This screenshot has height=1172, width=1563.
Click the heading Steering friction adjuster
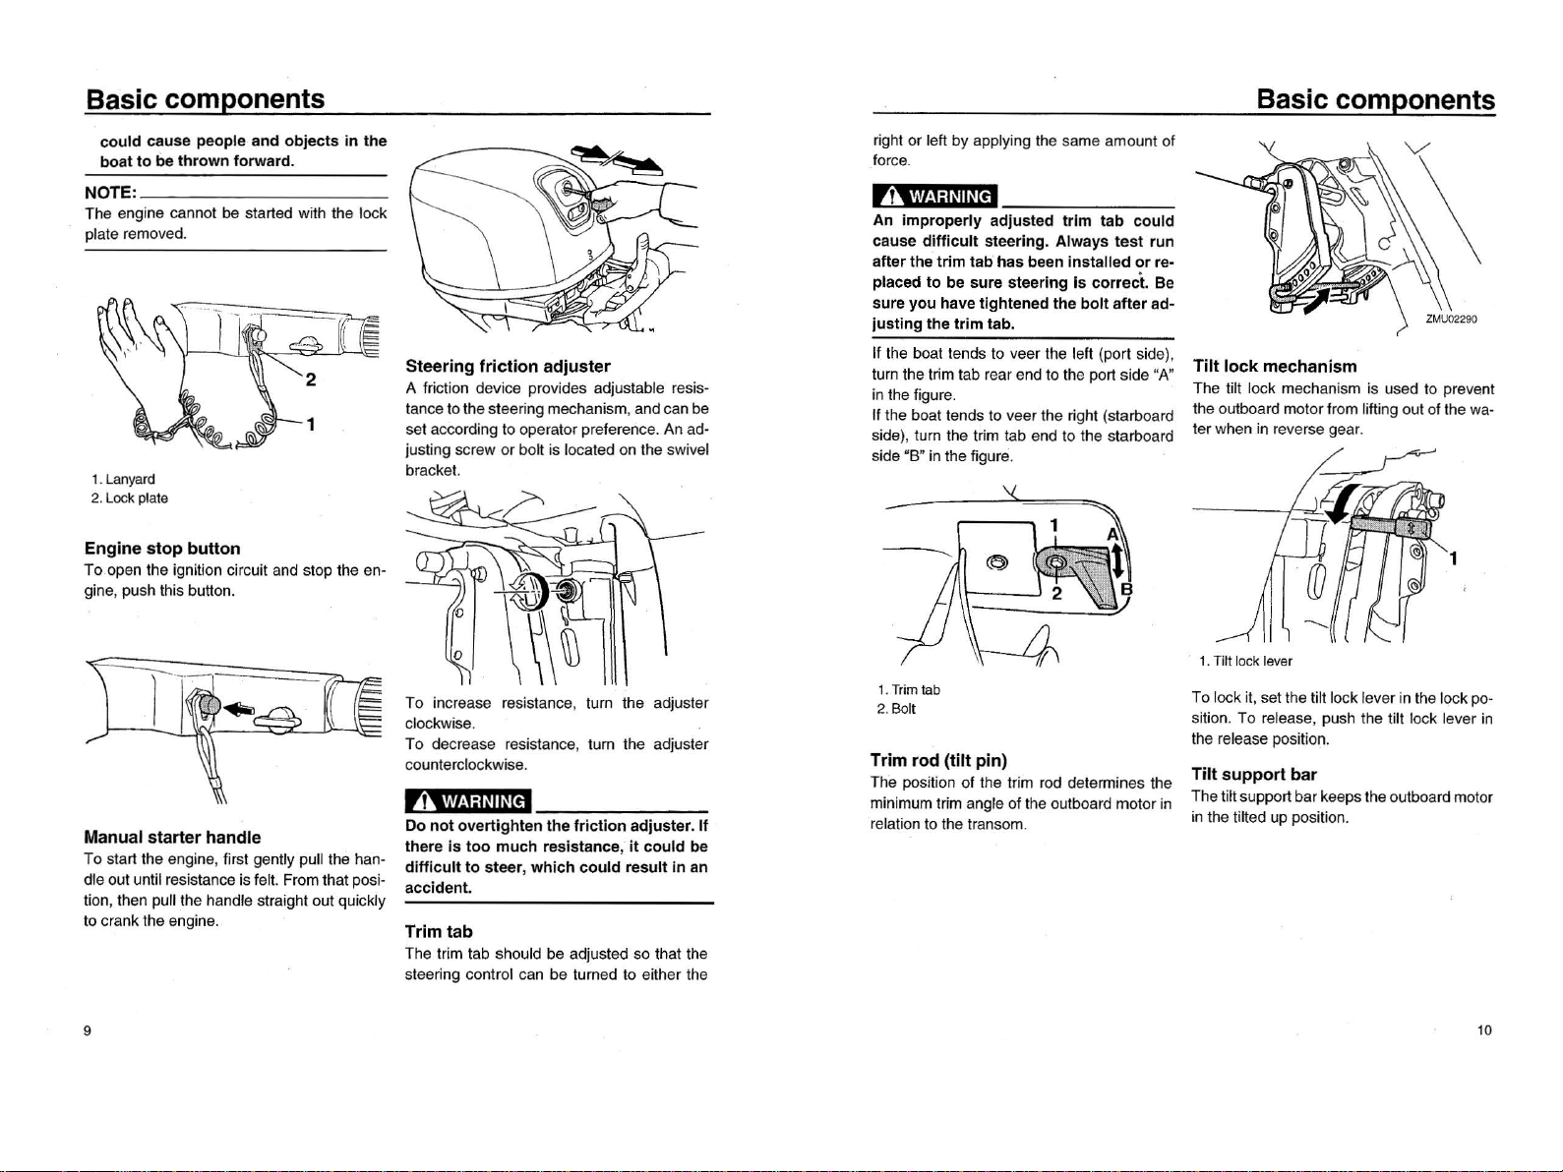pyautogui.click(x=508, y=367)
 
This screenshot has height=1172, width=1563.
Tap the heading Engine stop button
pyautogui.click(x=162, y=549)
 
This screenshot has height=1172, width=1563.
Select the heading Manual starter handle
pyautogui.click(x=172, y=838)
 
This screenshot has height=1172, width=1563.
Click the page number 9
pyautogui.click(x=88, y=1030)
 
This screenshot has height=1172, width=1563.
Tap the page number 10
pyautogui.click(x=1484, y=1030)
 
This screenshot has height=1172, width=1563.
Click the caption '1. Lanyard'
pyautogui.click(x=122, y=479)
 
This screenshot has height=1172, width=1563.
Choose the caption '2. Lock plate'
pyautogui.click(x=129, y=498)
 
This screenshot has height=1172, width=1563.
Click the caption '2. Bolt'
pyautogui.click(x=895, y=709)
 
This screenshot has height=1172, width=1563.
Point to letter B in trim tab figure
pyautogui.click(x=1127, y=590)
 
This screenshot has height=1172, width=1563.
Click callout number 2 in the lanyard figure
pyautogui.click(x=311, y=380)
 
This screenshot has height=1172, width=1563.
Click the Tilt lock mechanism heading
pyautogui.click(x=1274, y=366)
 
